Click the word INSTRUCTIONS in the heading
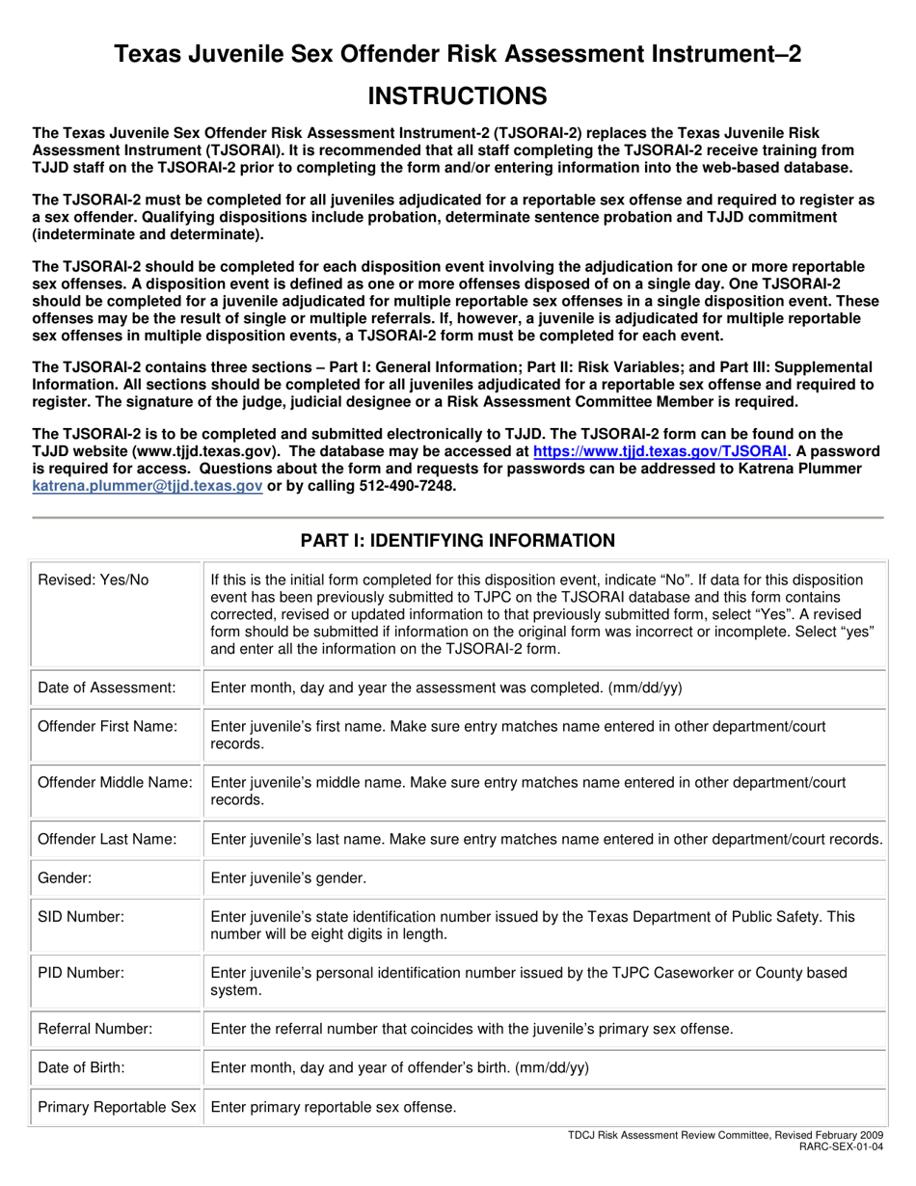coord(458,95)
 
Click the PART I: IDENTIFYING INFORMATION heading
coord(457,541)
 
